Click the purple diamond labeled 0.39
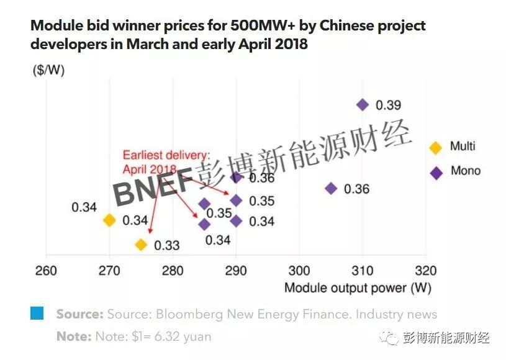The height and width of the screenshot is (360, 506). click(x=363, y=105)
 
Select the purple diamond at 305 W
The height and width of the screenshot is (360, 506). click(x=331, y=189)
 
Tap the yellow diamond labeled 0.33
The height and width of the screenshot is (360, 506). click(x=141, y=245)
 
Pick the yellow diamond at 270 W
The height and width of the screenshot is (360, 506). click(x=109, y=220)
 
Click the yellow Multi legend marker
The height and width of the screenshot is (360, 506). click(x=436, y=147)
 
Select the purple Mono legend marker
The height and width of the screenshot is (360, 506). click(x=436, y=173)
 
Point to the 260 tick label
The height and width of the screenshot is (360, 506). click(x=46, y=271)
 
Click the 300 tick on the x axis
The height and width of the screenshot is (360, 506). click(x=299, y=271)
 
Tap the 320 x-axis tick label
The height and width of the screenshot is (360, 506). click(x=425, y=271)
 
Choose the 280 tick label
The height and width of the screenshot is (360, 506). click(x=173, y=271)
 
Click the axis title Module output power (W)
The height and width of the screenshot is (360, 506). click(x=357, y=288)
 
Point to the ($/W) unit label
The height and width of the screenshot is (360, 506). click(x=48, y=70)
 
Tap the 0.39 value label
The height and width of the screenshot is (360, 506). click(x=389, y=105)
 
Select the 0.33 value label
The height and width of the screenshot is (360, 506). click(x=166, y=245)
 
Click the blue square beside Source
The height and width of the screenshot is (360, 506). click(x=37, y=314)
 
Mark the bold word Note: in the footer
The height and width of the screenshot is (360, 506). click(x=73, y=337)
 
